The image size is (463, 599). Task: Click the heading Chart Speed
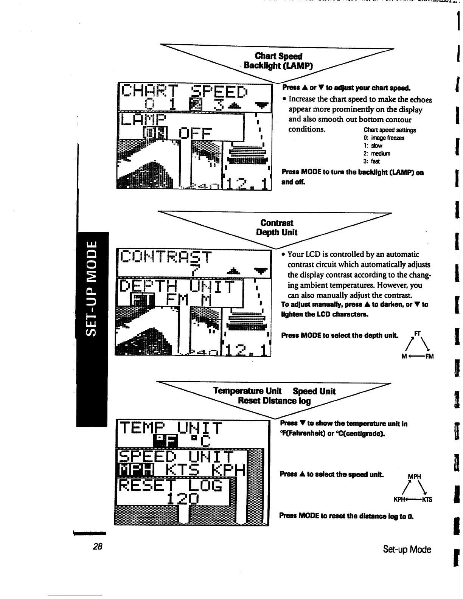(279, 56)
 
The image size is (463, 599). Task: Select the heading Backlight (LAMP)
(278, 66)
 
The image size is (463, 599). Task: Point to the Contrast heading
(277, 223)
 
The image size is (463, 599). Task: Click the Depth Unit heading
(277, 232)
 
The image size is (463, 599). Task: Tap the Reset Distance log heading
(274, 401)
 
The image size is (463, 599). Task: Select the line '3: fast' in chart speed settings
(372, 161)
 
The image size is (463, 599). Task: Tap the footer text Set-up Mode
(407, 549)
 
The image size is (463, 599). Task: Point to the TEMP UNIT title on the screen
(170, 429)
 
